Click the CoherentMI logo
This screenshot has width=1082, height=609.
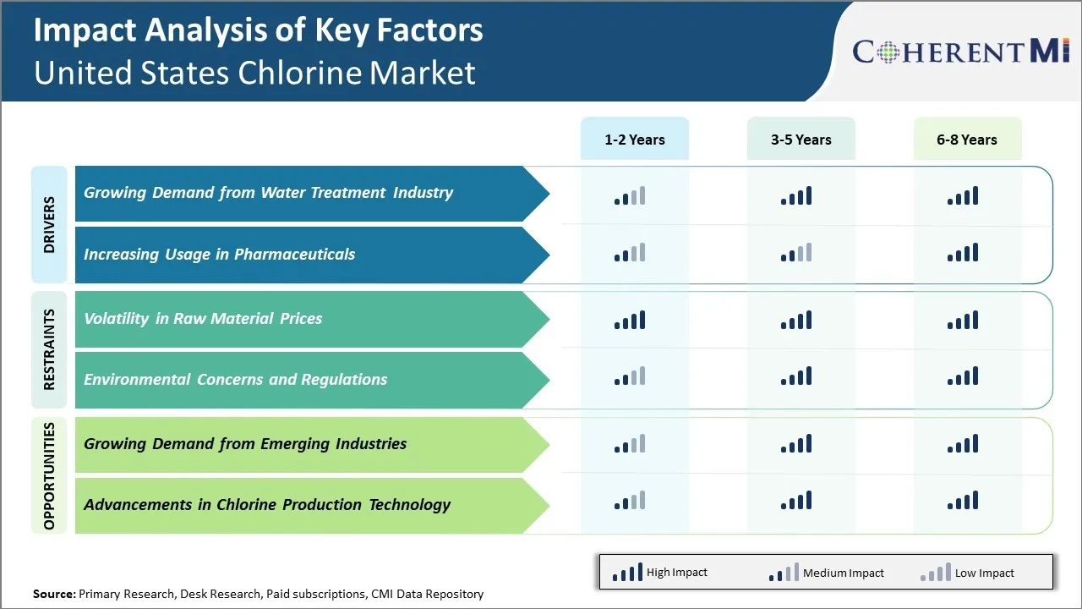pyautogui.click(x=961, y=52)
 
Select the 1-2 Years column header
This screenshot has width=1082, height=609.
pyautogui.click(x=634, y=140)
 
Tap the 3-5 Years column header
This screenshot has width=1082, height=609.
pyautogui.click(x=801, y=140)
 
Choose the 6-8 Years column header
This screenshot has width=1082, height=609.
pyautogui.click(x=966, y=140)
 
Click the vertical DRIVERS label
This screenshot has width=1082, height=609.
pyautogui.click(x=49, y=224)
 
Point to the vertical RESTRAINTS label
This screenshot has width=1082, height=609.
pyautogui.click(x=49, y=349)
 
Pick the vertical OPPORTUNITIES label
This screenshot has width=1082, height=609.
pyautogui.click(x=49, y=475)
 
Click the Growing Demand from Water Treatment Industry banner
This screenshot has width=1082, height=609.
pyautogui.click(x=268, y=193)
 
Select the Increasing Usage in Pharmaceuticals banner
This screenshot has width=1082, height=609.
pyautogui.click(x=219, y=255)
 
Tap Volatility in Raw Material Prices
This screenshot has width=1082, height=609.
pyautogui.click(x=203, y=319)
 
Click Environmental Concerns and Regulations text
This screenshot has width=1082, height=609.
pyautogui.click(x=235, y=380)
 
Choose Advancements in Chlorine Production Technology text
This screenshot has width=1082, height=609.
pyautogui.click(x=267, y=505)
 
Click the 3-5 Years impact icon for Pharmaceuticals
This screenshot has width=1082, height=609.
pyautogui.click(x=796, y=252)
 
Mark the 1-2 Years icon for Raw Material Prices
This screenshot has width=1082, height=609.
pyautogui.click(x=630, y=320)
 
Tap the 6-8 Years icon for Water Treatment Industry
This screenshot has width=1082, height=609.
pyautogui.click(x=963, y=196)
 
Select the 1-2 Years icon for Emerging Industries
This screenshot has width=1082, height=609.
pyautogui.click(x=630, y=443)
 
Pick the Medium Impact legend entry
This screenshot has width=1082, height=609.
pyautogui.click(x=826, y=573)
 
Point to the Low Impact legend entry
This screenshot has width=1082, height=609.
pyautogui.click(x=967, y=573)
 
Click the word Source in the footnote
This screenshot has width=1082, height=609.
pyautogui.click(x=53, y=594)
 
